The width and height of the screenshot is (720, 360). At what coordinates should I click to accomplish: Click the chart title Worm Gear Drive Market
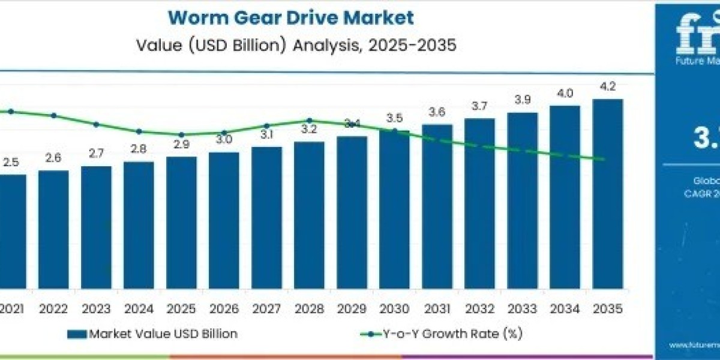tap(290, 17)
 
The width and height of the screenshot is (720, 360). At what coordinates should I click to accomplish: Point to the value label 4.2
tap(608, 87)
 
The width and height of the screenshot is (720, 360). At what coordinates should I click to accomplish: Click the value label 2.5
tap(11, 162)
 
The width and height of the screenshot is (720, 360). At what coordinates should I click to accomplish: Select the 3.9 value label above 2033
tap(523, 100)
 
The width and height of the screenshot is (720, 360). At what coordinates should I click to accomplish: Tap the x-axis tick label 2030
tap(394, 309)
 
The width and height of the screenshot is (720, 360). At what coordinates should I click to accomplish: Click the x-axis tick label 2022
tap(53, 309)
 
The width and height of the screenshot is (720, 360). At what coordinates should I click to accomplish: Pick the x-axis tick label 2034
tap(565, 309)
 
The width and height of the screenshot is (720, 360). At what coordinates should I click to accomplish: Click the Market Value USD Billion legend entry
tap(152, 334)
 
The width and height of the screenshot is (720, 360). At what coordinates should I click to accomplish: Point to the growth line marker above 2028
tap(309, 121)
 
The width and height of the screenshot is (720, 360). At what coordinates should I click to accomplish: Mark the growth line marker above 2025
tap(181, 134)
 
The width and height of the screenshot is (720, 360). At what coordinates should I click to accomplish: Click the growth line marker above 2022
tap(53, 115)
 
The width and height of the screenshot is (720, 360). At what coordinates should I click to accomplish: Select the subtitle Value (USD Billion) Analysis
tap(290, 46)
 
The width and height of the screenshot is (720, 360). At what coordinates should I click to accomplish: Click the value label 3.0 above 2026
tap(224, 140)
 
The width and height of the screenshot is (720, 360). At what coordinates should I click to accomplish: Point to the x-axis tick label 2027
tap(266, 309)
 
